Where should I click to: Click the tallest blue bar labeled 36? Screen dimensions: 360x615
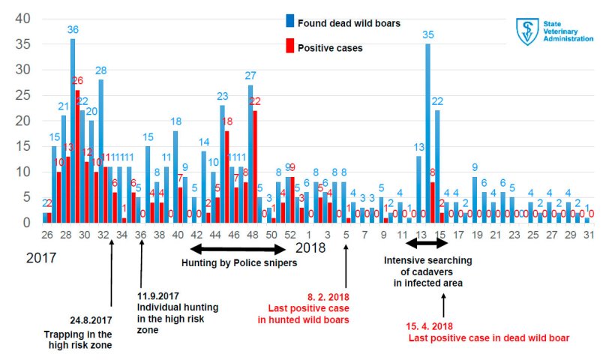[x=73, y=131]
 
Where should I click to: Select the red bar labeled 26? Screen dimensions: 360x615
[x=77, y=157]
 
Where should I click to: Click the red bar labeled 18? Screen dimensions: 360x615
[x=226, y=177]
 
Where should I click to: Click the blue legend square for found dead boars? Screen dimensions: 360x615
[x=289, y=22]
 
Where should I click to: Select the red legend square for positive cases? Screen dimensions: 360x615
[x=289, y=47]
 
